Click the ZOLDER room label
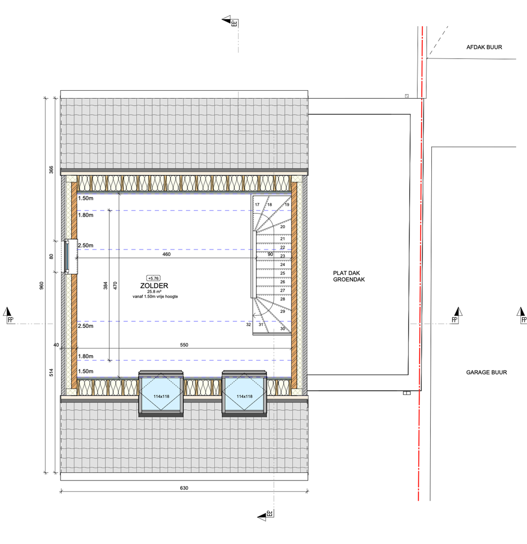pyautogui.click(x=154, y=286)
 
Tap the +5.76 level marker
pyautogui.click(x=153, y=278)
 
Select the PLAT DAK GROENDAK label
pyautogui.click(x=349, y=276)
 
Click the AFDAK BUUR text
pyautogui.click(x=484, y=47)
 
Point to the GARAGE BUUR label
pyautogui.click(x=486, y=372)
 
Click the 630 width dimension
pyautogui.click(x=184, y=488)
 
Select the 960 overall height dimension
pyautogui.click(x=42, y=286)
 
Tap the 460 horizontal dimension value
pyautogui.click(x=167, y=254)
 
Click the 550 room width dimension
pyautogui.click(x=184, y=345)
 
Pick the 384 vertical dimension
pyautogui.click(x=105, y=286)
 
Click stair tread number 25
pyautogui.click(x=283, y=273)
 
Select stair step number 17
pyautogui.click(x=257, y=205)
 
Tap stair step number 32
pyautogui.click(x=248, y=325)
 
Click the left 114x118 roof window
pyautogui.click(x=161, y=393)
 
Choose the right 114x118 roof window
pyautogui.click(x=244, y=393)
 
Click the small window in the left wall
pyautogui.click(x=70, y=256)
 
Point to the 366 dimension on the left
pyautogui.click(x=51, y=170)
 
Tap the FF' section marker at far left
pyautogui.click(x=9, y=316)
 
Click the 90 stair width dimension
pyautogui.click(x=270, y=254)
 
